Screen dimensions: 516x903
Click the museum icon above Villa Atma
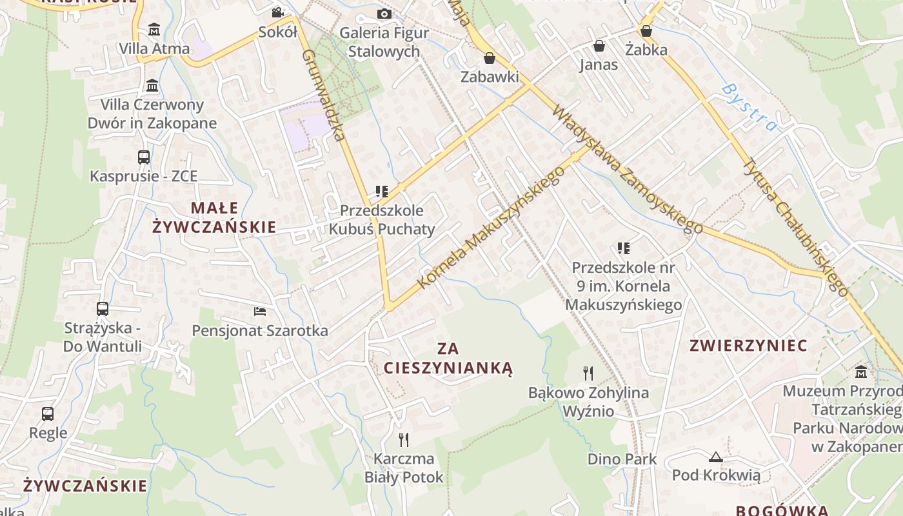click(x=154, y=30)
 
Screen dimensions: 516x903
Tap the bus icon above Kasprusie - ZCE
click(x=144, y=157)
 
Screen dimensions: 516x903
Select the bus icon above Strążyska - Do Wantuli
click(x=103, y=309)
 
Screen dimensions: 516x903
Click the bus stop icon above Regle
click(x=48, y=413)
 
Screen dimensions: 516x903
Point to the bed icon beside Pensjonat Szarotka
click(x=260, y=312)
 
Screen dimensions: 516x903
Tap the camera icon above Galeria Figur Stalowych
click(x=384, y=14)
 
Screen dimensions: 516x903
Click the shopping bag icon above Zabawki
click(x=490, y=58)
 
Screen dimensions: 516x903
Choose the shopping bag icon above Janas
click(x=599, y=46)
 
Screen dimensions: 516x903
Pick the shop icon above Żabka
click(x=646, y=30)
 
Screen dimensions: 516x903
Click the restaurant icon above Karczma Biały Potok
click(x=404, y=440)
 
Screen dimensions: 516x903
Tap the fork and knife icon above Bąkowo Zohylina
click(x=588, y=373)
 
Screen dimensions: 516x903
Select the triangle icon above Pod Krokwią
click(x=715, y=457)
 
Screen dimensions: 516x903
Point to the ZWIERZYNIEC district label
click(x=748, y=346)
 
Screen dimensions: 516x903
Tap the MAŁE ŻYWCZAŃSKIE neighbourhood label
click(x=214, y=217)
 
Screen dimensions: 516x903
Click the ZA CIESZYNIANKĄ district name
click(x=448, y=359)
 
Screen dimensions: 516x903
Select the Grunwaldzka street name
click(x=322, y=95)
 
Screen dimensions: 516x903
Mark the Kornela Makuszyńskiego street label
click(x=491, y=227)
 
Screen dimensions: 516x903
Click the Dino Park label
click(x=622, y=459)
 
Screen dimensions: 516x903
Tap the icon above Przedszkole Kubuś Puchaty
click(x=382, y=192)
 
